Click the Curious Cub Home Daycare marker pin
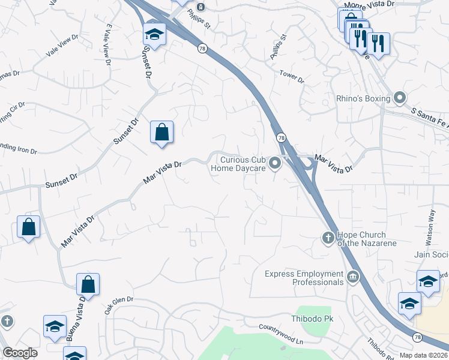276,163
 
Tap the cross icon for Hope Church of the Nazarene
328,238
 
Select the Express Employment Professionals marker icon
352,277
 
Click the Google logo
20,353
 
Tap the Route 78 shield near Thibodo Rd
417,338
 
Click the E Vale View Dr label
108,45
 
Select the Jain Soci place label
431,254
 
